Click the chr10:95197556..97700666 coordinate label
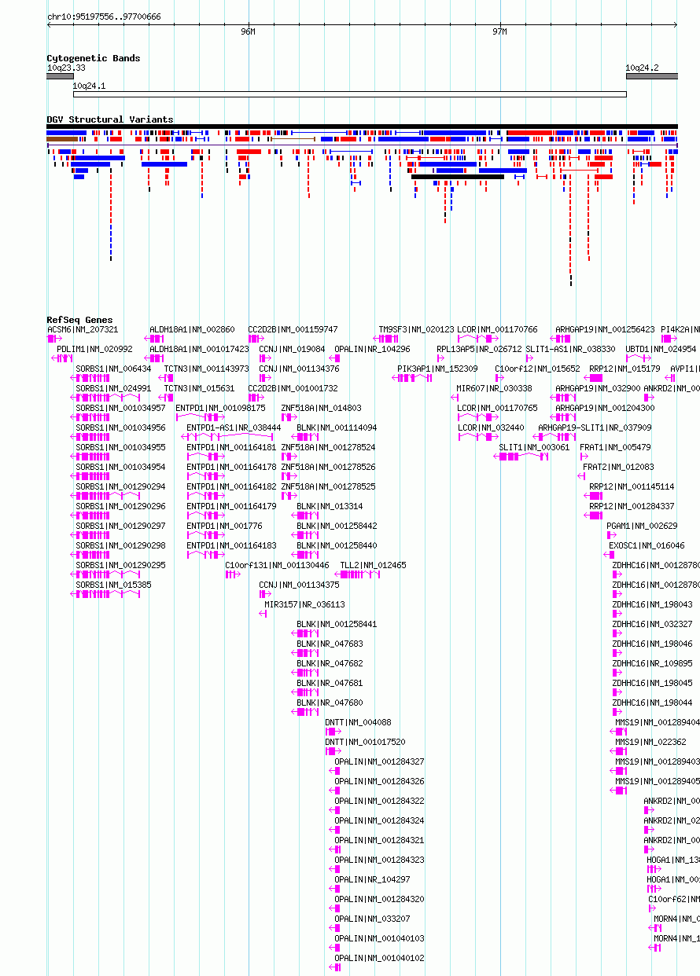104,17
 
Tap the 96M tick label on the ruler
248,31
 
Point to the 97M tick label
499,31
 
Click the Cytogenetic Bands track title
93,58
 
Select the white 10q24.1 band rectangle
349,94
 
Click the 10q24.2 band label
642,68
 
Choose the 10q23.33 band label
66,68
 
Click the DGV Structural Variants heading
109,119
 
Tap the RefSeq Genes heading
79,320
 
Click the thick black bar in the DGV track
457,176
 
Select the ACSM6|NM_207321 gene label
83,329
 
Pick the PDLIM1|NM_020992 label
94,349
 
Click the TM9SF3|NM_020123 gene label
416,329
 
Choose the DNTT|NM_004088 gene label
358,722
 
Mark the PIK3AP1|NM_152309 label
437,369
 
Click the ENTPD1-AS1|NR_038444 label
233,427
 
